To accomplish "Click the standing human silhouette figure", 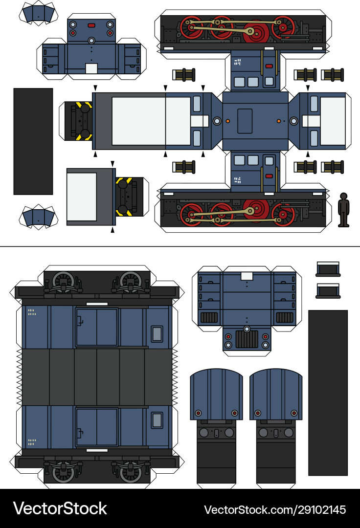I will point(344,210).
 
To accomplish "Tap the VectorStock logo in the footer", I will point(60,508).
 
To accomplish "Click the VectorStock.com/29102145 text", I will point(274,509).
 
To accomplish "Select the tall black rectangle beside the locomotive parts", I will point(33,141).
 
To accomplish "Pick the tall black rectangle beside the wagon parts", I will point(328,392).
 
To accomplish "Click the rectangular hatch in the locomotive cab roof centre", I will point(245,121).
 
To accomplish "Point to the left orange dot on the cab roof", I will point(228,121).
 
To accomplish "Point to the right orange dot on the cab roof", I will point(278,121).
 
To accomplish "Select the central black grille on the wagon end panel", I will point(247,339).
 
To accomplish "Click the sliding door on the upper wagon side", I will point(96,327).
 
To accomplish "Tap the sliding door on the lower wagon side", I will point(96,427).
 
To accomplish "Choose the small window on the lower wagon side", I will point(157,420).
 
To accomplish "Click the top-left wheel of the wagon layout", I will point(63,282).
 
